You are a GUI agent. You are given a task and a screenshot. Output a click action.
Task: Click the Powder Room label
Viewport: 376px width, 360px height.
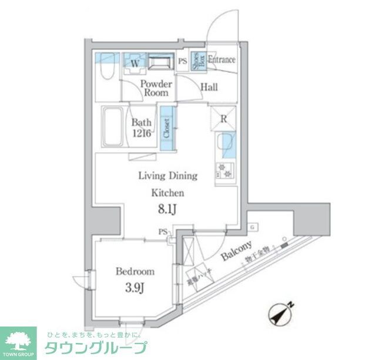tap(156, 89)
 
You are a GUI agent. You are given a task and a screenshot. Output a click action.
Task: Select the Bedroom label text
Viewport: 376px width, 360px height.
tap(135, 271)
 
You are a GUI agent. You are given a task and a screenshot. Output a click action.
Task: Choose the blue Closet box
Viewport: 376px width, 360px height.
tap(167, 127)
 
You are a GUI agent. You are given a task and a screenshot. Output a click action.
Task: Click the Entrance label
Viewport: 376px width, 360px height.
tap(221, 60)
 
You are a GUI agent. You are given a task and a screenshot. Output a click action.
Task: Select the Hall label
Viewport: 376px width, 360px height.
tap(209, 88)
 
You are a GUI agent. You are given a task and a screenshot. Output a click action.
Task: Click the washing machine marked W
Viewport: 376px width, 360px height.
tap(134, 62)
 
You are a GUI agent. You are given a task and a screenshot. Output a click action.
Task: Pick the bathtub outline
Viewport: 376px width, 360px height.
tap(112, 127)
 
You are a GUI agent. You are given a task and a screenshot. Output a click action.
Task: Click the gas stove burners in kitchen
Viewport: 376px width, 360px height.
tap(225, 171)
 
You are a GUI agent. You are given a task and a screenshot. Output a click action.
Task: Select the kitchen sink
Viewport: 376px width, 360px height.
tap(225, 144)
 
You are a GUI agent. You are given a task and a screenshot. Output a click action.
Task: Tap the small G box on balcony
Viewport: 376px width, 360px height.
tap(251, 226)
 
